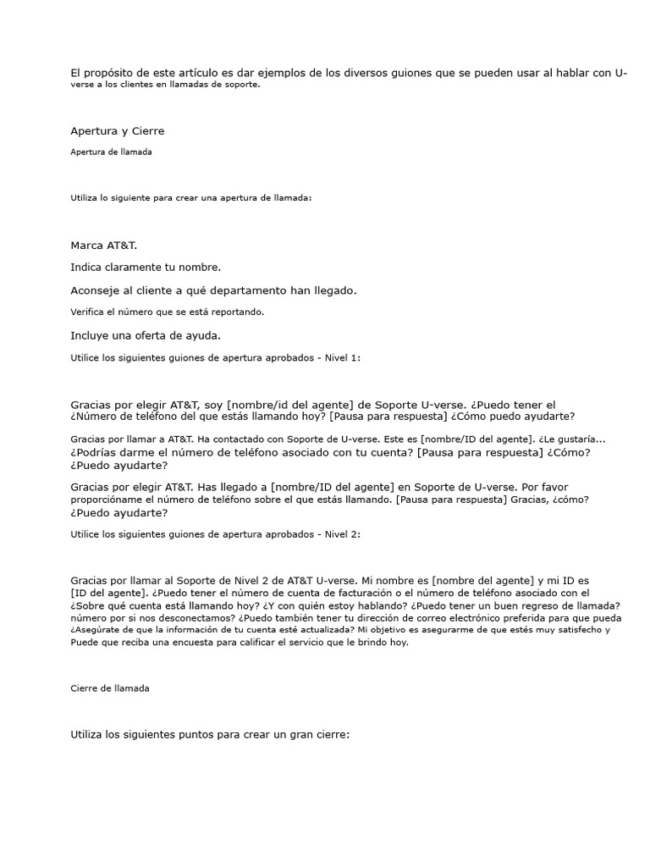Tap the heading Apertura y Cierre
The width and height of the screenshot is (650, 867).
[x=117, y=130]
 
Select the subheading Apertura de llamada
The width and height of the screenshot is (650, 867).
[x=111, y=152]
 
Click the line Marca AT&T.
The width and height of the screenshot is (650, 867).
[x=103, y=245]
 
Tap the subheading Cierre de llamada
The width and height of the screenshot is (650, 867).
[x=109, y=688]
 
